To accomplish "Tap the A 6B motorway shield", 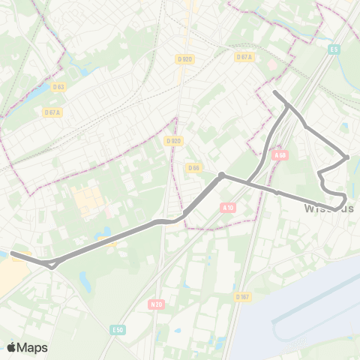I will pos(280,155).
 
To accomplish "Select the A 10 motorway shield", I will pos(229,206).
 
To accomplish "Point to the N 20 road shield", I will pos(156,304).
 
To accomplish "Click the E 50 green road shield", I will pos(116,329).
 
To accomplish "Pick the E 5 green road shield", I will pos(334,50).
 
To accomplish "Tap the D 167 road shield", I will pos(242,297).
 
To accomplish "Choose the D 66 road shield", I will pos(193,167).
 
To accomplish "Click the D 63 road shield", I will pos(58,87).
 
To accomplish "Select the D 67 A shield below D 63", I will pos(52,112).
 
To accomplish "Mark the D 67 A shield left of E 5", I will pos(244,57).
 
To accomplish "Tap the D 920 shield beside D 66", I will pos(173,140).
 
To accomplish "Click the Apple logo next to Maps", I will pos(11,347).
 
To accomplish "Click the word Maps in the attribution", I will pos(32,347).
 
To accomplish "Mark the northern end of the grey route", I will pos(274,92).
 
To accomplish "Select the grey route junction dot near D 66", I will pos(222,175).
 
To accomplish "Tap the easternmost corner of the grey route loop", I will pos(346,157).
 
